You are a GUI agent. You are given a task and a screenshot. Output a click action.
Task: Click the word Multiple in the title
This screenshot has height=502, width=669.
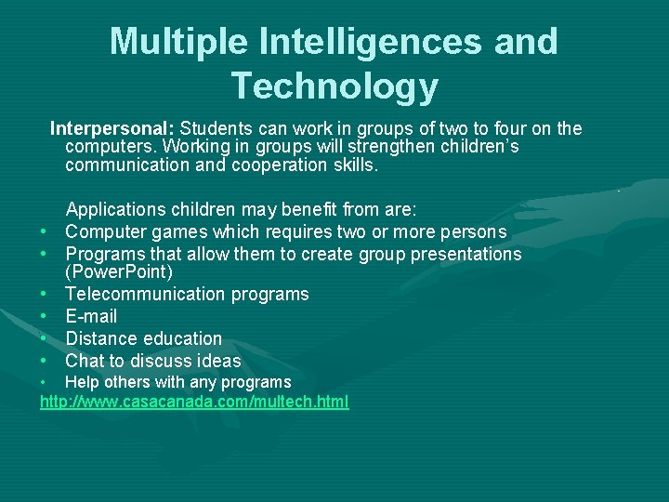(x=177, y=42)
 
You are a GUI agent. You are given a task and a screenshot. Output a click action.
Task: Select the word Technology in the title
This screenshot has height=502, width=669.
(x=334, y=86)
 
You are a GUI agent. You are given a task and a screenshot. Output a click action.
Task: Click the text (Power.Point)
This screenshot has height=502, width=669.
(x=119, y=271)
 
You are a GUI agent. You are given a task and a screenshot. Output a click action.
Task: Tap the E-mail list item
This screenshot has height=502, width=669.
(x=91, y=316)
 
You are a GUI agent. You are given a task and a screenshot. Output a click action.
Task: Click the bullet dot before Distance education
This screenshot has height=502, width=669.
(x=44, y=339)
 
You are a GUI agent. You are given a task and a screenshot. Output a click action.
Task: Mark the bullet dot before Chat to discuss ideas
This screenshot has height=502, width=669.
(x=44, y=362)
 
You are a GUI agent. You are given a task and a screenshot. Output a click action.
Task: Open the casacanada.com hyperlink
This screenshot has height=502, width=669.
(x=194, y=402)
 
